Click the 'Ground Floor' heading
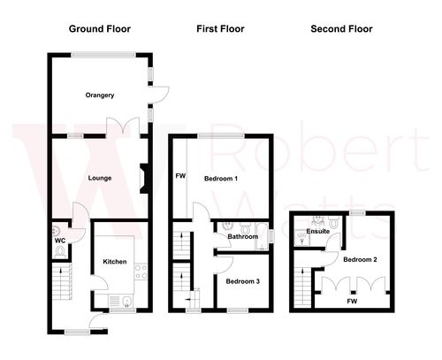pyautogui.click(x=100, y=29)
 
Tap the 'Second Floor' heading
pyautogui.click(x=341, y=29)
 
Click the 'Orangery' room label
pyautogui.click(x=101, y=95)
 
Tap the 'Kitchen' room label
pyautogui.click(x=116, y=262)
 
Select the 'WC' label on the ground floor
pyautogui.click(x=59, y=240)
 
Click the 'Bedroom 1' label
pyautogui.click(x=222, y=179)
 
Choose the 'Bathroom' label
pyautogui.click(x=243, y=237)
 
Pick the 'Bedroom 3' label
pyautogui.click(x=242, y=281)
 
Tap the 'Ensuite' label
pyautogui.click(x=317, y=232)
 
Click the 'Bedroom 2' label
pyautogui.click(x=361, y=259)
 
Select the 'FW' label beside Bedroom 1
pyautogui.click(x=180, y=176)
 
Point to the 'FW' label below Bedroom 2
pyautogui.click(x=352, y=302)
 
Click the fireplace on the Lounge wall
pyautogui.click(x=143, y=176)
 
